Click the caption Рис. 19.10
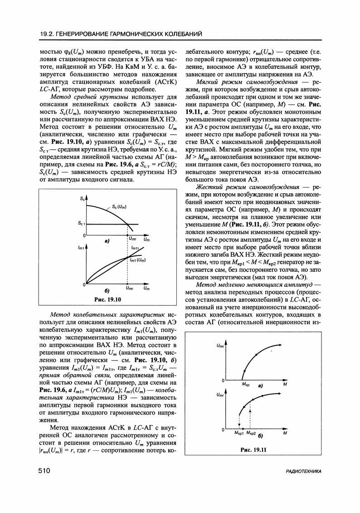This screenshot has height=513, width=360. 106,300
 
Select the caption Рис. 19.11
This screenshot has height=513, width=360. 253,449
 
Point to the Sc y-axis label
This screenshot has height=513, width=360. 82,198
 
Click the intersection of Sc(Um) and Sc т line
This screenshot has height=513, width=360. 126,223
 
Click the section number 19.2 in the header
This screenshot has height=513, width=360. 46,33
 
